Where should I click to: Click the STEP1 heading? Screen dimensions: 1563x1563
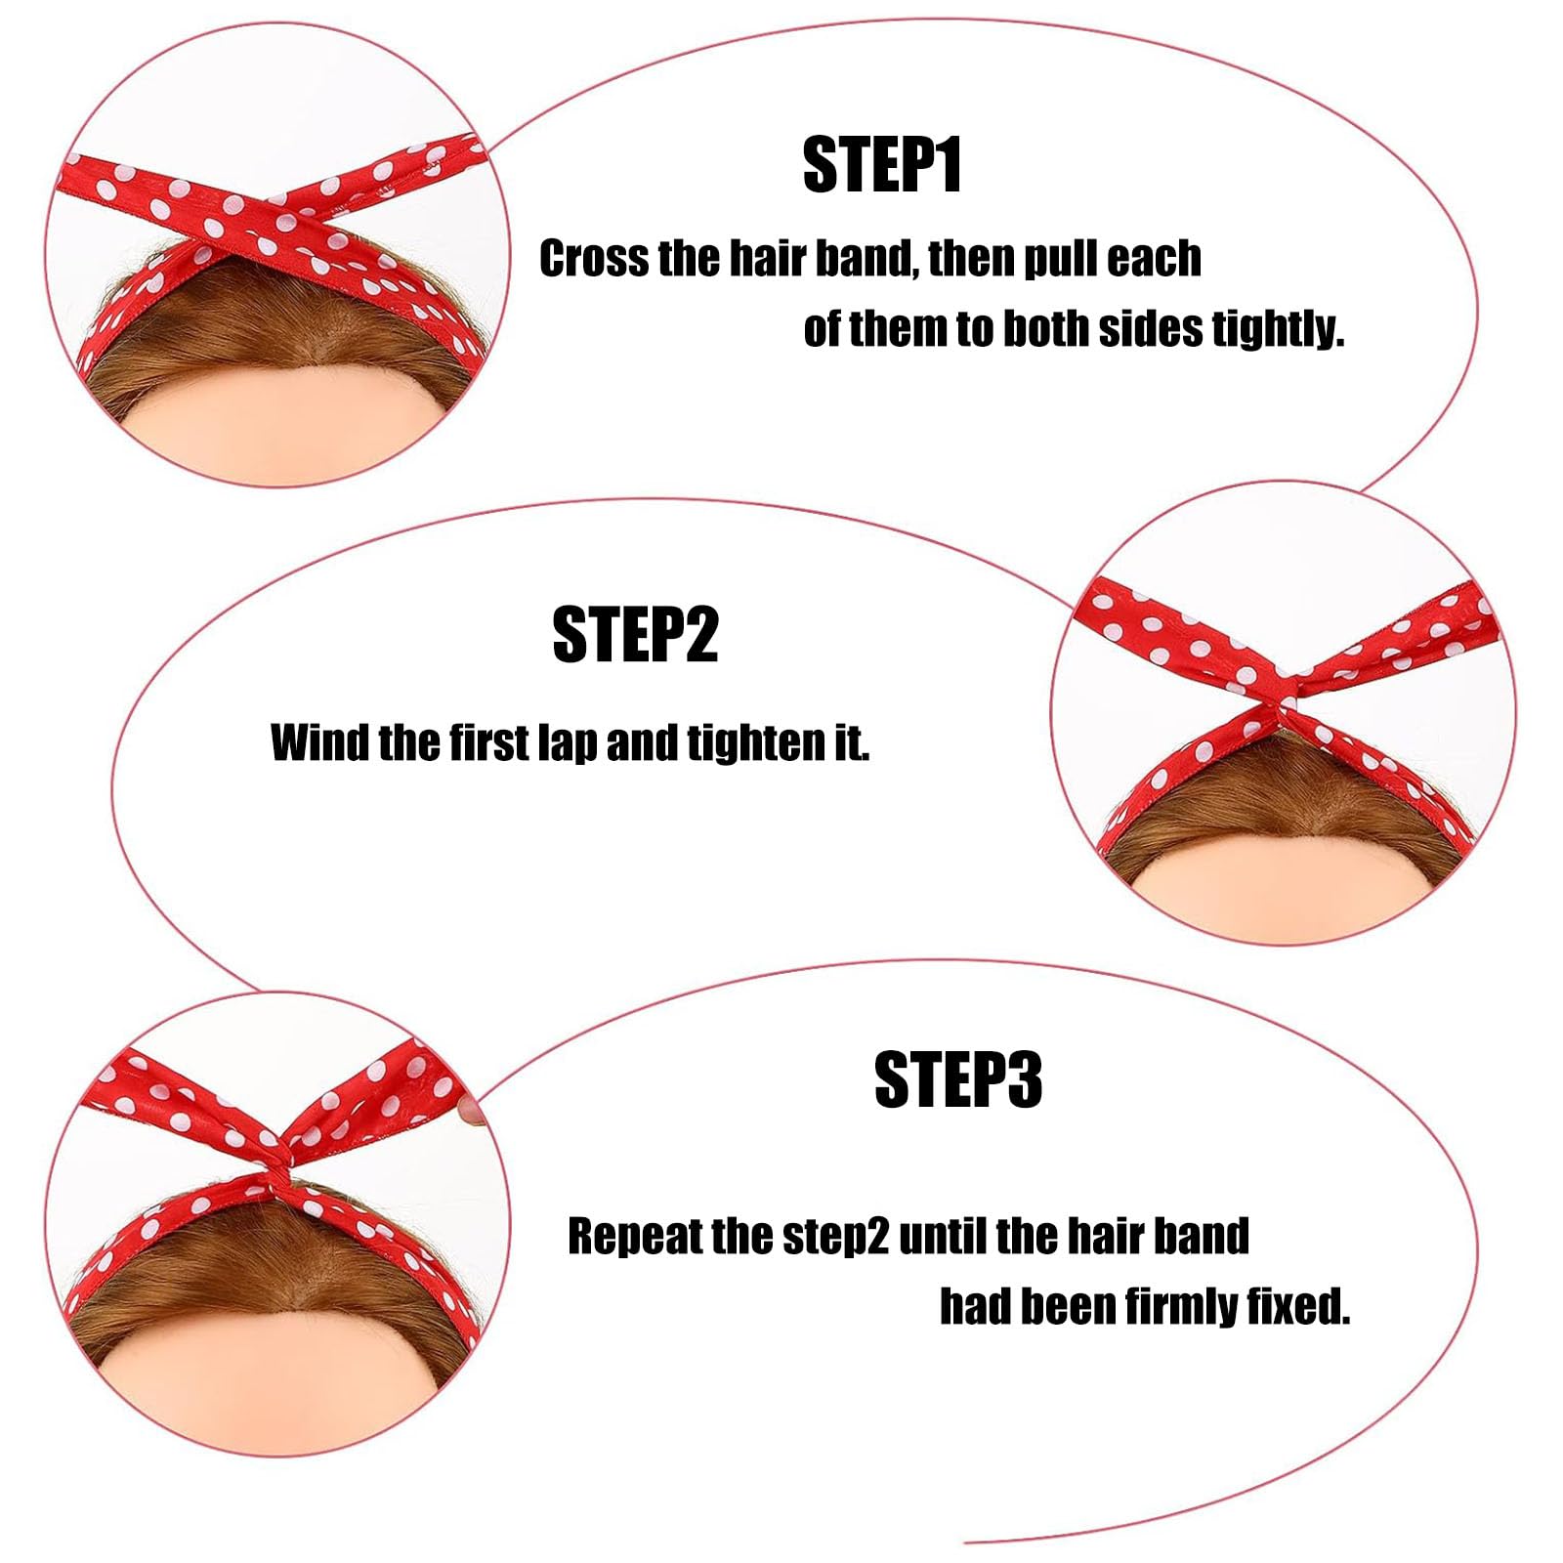882,166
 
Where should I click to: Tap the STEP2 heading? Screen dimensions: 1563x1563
635,635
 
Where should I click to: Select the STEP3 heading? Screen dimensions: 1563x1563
958,1080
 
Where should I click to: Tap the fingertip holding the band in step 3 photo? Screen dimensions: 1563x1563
473,1110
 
